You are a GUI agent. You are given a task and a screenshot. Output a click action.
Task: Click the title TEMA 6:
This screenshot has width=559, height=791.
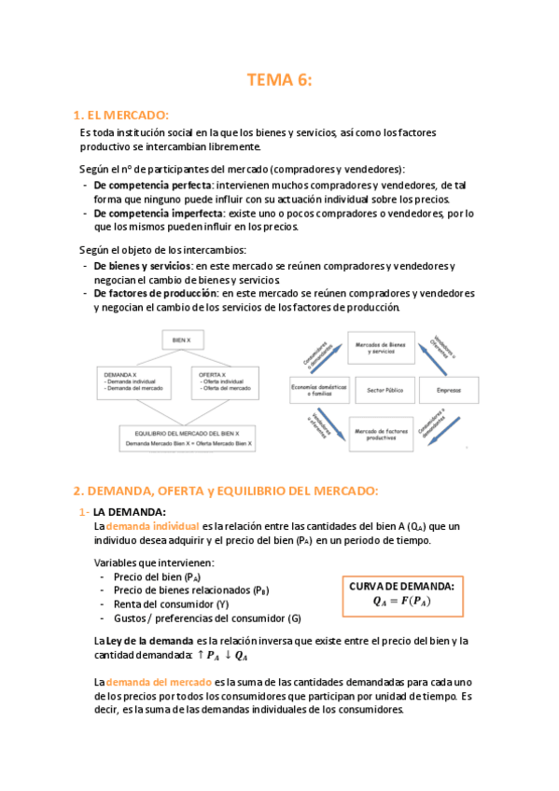pos(279,80)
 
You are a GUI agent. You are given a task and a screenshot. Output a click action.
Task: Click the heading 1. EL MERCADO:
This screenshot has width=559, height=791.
pos(120,116)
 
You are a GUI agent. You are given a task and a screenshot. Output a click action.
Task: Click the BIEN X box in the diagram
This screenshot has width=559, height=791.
pos(182,342)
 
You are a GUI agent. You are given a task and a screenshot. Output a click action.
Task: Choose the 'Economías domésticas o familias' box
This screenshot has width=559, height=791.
pos(319,390)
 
